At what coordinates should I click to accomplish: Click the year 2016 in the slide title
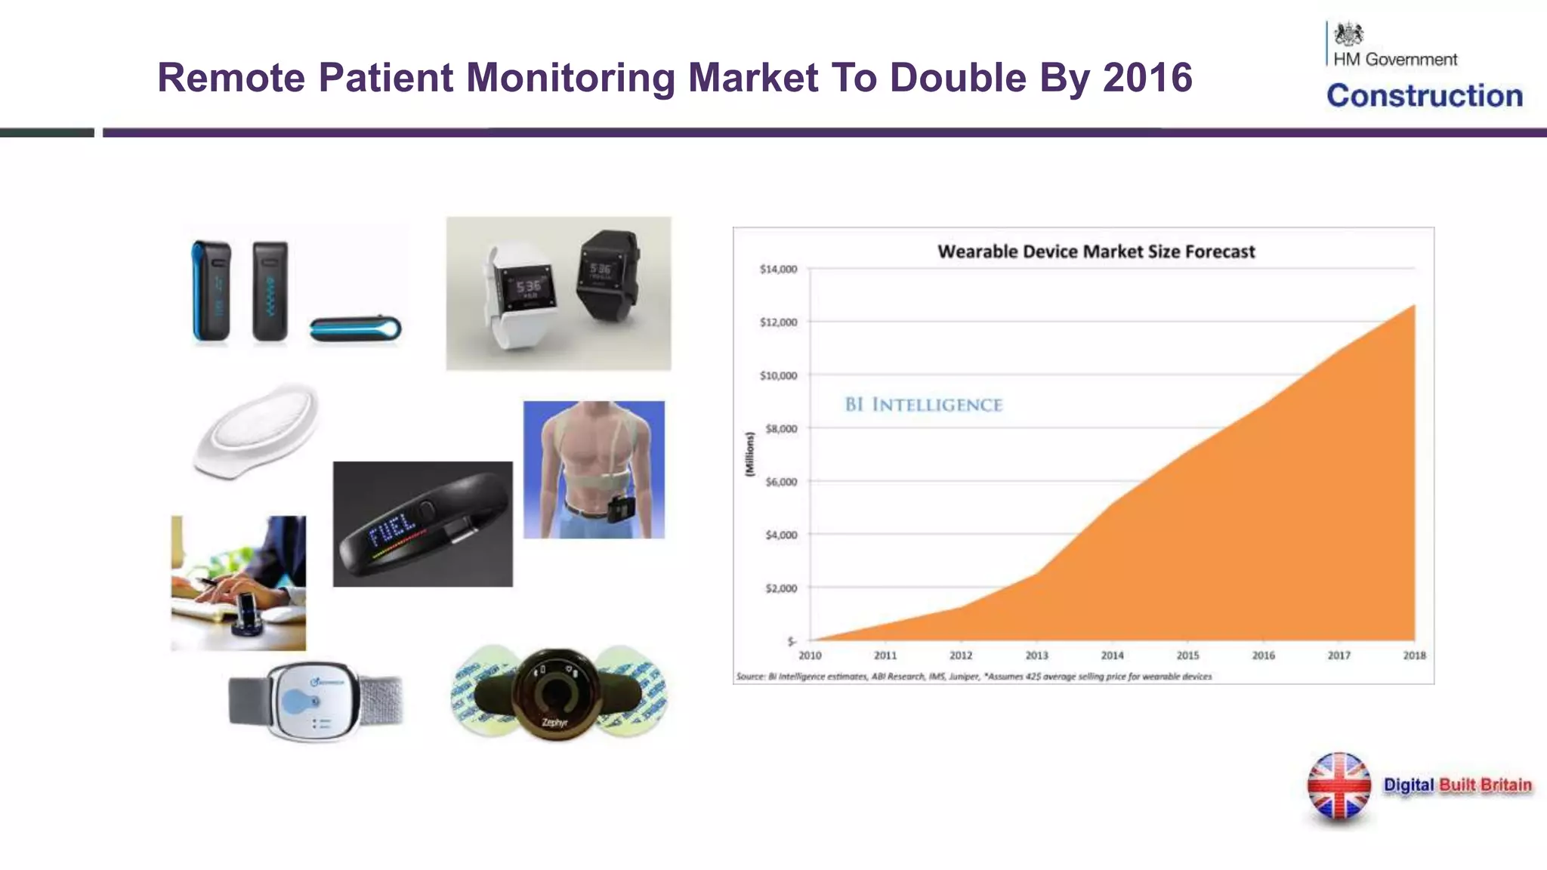pyautogui.click(x=1147, y=78)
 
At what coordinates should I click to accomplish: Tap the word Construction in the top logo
pyautogui.click(x=1425, y=96)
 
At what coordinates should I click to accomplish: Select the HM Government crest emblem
pyautogui.click(x=1348, y=35)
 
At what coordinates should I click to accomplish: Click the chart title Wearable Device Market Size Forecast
pyautogui.click(x=1096, y=251)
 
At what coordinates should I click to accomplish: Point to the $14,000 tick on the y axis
pyautogui.click(x=778, y=270)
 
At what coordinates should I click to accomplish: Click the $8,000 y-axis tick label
pyautogui.click(x=781, y=429)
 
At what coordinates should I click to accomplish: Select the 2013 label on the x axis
pyautogui.click(x=1036, y=656)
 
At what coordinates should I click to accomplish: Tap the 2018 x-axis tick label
pyautogui.click(x=1414, y=656)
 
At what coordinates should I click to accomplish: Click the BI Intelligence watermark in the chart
pyautogui.click(x=923, y=405)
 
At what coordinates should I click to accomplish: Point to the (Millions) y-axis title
pyautogui.click(x=749, y=454)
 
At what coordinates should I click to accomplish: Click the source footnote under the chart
pyautogui.click(x=974, y=677)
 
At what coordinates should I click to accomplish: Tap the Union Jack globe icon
pyautogui.click(x=1339, y=786)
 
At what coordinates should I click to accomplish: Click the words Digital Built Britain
pyautogui.click(x=1457, y=785)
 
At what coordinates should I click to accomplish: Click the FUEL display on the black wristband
pyautogui.click(x=392, y=528)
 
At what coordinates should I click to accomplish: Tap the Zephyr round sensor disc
pyautogui.click(x=556, y=693)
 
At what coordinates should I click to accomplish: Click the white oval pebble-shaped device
pyautogui.click(x=257, y=430)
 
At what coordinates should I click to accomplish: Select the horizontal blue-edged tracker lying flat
pyautogui.click(x=355, y=329)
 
